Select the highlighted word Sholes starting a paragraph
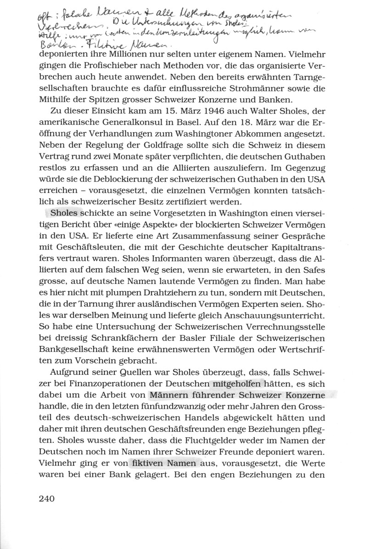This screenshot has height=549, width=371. point(65,214)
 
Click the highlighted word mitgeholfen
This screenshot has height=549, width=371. point(236,383)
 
